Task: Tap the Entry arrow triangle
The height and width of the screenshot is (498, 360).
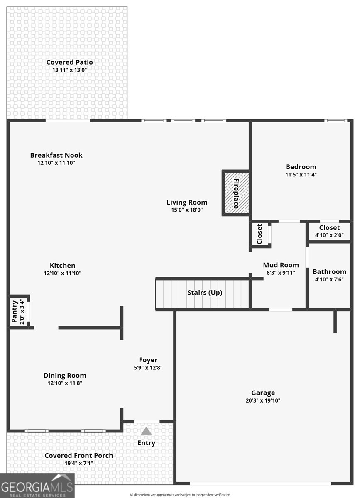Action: (146, 431)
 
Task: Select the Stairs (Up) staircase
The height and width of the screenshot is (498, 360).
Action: (203, 294)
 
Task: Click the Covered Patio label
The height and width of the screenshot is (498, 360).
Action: (69, 62)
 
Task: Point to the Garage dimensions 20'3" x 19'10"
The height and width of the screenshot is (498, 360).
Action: (263, 401)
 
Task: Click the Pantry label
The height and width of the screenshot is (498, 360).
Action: (15, 312)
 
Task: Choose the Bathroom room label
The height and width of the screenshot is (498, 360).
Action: (329, 272)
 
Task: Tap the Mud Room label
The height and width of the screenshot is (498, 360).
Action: (281, 265)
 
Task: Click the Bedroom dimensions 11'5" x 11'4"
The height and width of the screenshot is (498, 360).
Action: (301, 175)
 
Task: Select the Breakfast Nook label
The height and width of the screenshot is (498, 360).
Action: (56, 155)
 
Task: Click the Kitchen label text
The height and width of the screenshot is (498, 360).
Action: (62, 266)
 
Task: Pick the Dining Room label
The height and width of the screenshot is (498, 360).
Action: (65, 376)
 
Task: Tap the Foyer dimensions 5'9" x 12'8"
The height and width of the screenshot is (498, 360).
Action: (148, 368)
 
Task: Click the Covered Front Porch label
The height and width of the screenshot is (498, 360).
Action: (78, 456)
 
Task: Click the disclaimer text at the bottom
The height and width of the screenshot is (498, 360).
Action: (179, 495)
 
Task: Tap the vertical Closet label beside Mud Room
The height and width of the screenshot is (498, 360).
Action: (260, 234)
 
